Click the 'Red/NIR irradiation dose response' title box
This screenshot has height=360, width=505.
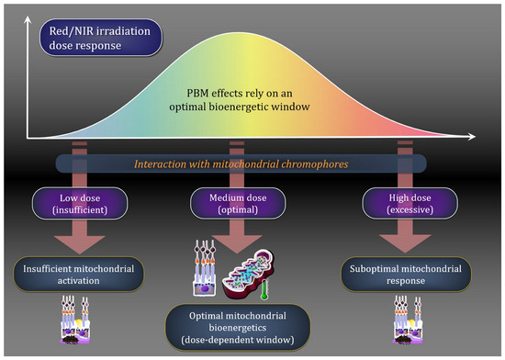101,38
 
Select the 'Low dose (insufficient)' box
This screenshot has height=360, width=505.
80,204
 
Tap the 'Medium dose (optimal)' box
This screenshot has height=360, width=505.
238,204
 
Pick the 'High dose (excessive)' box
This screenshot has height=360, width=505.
410,204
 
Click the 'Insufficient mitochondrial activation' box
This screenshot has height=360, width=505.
79,275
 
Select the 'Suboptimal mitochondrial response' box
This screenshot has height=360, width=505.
406,275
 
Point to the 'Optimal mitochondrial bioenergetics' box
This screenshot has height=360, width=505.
238,328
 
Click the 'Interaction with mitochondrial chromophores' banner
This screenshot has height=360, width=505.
241,163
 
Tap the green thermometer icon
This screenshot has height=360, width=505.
264,290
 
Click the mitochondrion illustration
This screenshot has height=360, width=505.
248,274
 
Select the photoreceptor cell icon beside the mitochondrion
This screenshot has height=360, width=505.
204,267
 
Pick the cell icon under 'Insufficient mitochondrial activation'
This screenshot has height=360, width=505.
76,320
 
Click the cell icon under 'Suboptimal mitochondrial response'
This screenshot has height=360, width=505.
409,320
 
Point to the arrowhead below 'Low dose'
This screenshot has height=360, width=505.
80,244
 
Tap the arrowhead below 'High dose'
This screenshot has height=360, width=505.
405,243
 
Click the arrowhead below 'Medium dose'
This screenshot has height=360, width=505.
237,244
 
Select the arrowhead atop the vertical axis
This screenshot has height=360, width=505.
28,20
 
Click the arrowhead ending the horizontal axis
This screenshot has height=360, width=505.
472,137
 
